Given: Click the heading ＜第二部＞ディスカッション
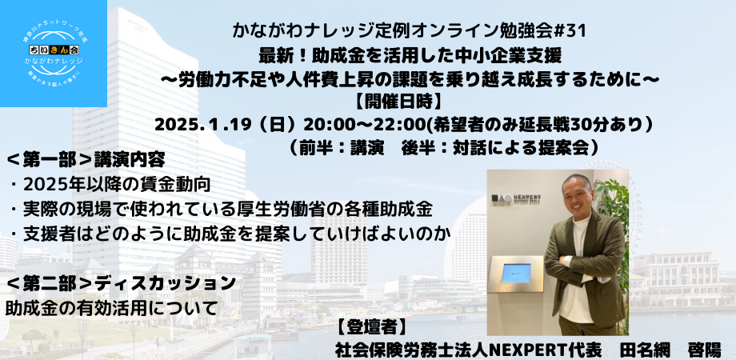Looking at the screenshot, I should [x=120, y=283].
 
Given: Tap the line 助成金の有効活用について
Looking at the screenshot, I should [x=111, y=306].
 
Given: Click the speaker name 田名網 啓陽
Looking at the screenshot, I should [x=667, y=349].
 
